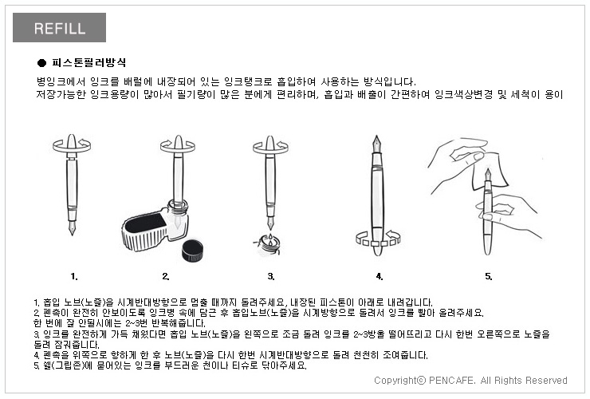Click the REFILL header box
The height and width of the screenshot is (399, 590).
[x=59, y=27]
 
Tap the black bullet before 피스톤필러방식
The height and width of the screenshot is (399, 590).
[x=41, y=63]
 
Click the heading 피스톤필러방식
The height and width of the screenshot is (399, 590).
[x=88, y=62]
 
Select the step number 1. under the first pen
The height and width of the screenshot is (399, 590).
[x=74, y=277]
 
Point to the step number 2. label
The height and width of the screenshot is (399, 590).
[x=166, y=277]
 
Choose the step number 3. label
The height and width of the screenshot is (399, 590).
[x=271, y=277]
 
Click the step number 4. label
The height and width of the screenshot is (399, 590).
[x=380, y=277]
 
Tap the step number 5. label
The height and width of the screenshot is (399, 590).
[x=489, y=277]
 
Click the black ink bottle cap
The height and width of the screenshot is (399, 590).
[x=192, y=251]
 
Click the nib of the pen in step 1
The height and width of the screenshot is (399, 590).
[x=72, y=228]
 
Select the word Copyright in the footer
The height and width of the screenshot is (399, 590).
[x=395, y=381]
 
